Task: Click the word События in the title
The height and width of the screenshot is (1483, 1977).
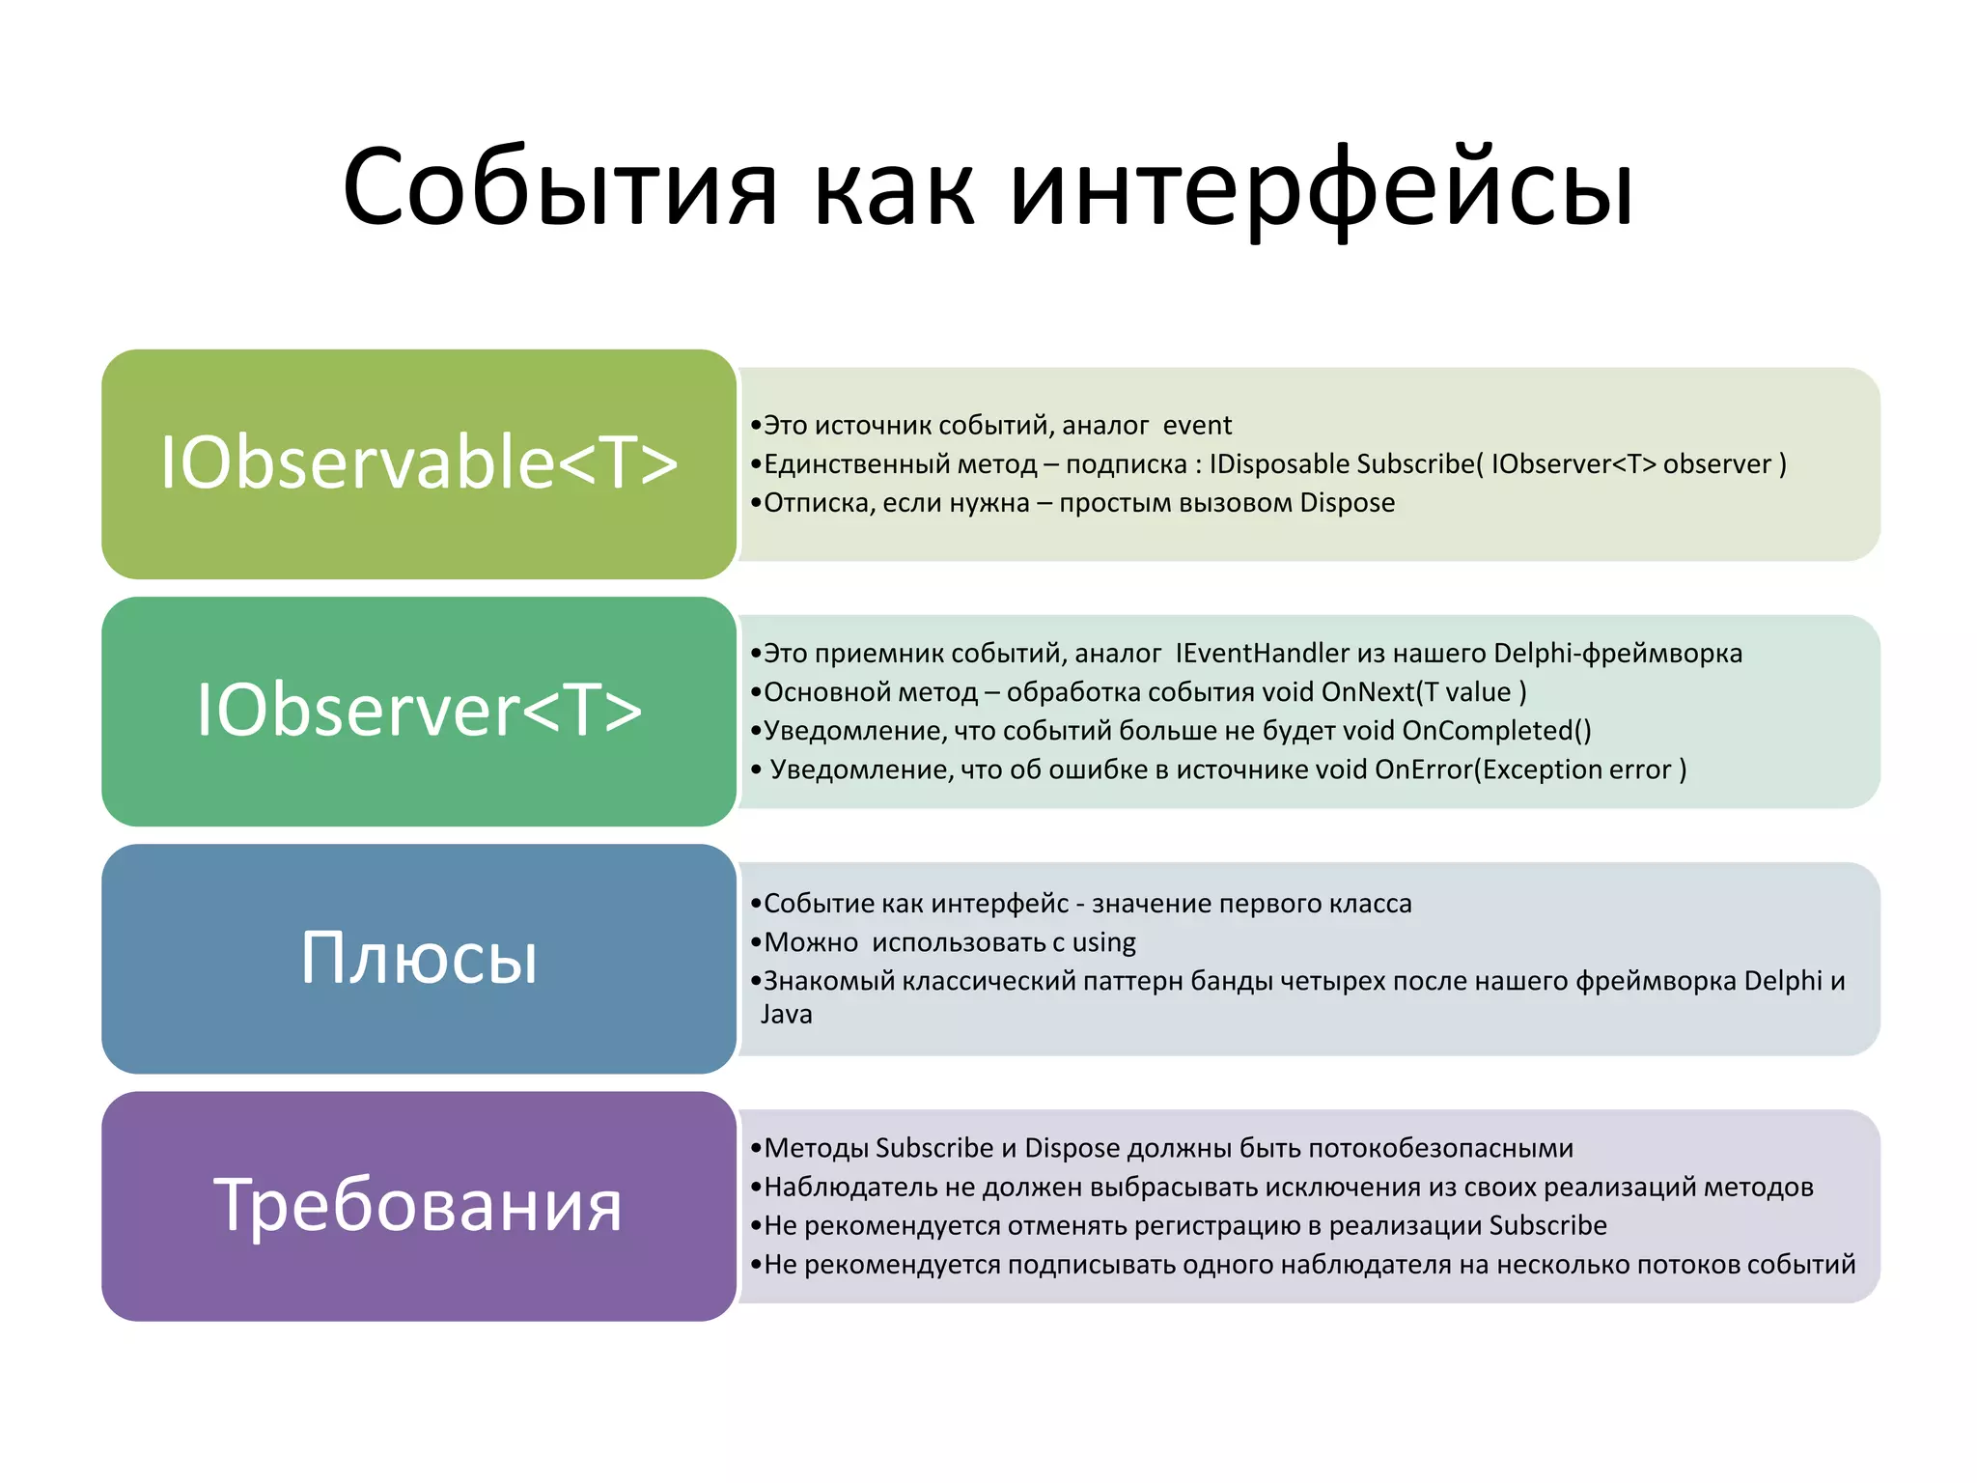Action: click(x=560, y=188)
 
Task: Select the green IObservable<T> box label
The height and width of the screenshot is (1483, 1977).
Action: click(x=419, y=463)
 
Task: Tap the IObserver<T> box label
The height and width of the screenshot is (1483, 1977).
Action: click(x=419, y=711)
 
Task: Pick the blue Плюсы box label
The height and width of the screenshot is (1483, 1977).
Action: click(x=419, y=958)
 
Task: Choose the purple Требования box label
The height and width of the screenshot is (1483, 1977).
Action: click(x=419, y=1206)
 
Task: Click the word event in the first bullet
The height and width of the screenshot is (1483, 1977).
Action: click(x=1197, y=426)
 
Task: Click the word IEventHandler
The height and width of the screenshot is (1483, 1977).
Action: click(x=1262, y=654)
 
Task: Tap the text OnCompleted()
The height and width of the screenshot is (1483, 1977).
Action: click(x=1496, y=731)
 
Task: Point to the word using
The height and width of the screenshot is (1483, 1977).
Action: click(x=1103, y=942)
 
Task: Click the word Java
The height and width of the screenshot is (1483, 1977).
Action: click(x=787, y=1015)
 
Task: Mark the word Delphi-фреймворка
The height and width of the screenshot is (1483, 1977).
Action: click(x=1617, y=654)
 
